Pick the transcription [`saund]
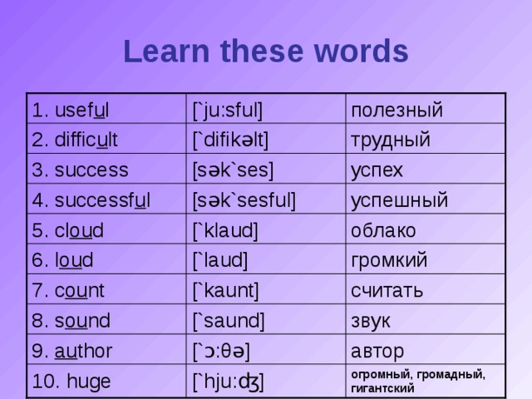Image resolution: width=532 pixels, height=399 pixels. (x=228, y=319)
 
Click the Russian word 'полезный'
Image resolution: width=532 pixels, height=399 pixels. (x=395, y=110)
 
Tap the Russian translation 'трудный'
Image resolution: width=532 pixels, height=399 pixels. (x=390, y=140)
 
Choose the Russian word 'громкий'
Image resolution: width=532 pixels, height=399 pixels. (x=390, y=260)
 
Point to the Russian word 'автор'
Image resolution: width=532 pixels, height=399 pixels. (x=377, y=349)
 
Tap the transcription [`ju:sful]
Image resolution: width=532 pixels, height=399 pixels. (x=228, y=109)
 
